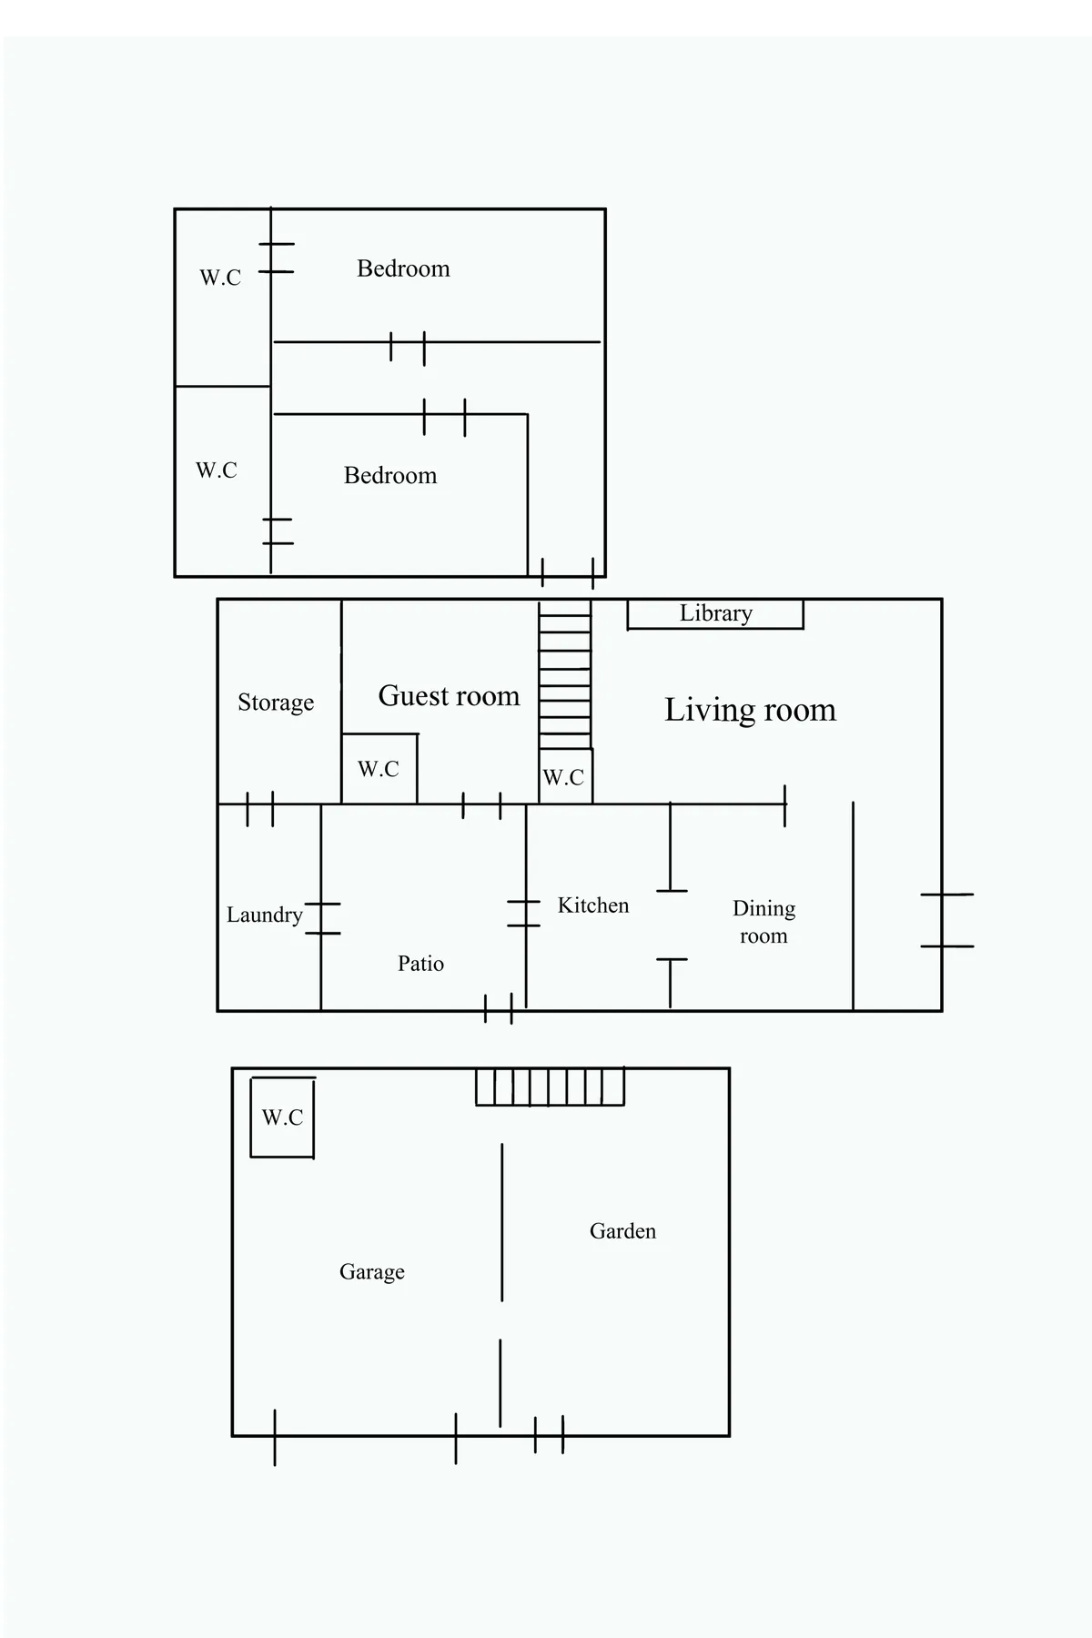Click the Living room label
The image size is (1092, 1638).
750,710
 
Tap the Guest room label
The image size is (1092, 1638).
449,696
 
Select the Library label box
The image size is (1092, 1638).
715,614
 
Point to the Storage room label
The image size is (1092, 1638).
276,703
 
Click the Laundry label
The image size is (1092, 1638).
264,915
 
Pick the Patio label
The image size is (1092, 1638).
420,964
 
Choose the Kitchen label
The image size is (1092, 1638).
593,905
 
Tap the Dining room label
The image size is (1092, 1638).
763,922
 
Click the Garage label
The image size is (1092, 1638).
371,1272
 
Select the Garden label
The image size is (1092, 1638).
622,1231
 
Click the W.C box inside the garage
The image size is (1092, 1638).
282,1117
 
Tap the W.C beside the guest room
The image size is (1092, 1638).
379,769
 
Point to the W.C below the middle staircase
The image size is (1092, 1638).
565,777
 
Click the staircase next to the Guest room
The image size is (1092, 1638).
564,674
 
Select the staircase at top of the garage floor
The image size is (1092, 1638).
550,1087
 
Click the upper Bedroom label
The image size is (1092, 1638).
403,268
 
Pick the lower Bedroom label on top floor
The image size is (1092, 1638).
390,476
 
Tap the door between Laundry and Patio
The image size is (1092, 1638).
321,918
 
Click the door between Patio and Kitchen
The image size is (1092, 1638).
525,914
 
